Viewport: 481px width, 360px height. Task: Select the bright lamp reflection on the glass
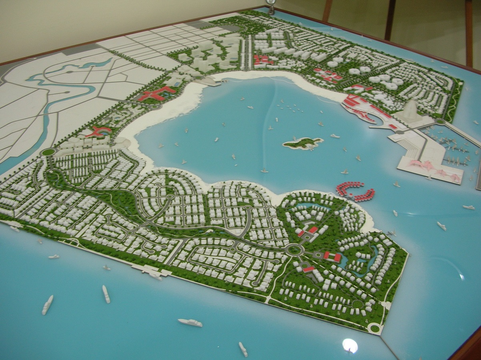[x=350, y=345]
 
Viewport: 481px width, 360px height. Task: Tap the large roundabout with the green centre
[x=294, y=250]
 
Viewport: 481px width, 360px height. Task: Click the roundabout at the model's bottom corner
[x=374, y=328]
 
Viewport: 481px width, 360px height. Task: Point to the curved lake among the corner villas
[x=364, y=262]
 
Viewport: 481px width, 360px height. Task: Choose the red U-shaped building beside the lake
[x=332, y=256]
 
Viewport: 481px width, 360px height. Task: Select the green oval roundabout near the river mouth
[x=48, y=152]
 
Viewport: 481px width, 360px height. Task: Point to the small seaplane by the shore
[x=391, y=232]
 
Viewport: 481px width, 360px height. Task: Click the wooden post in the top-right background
[x=469, y=32]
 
